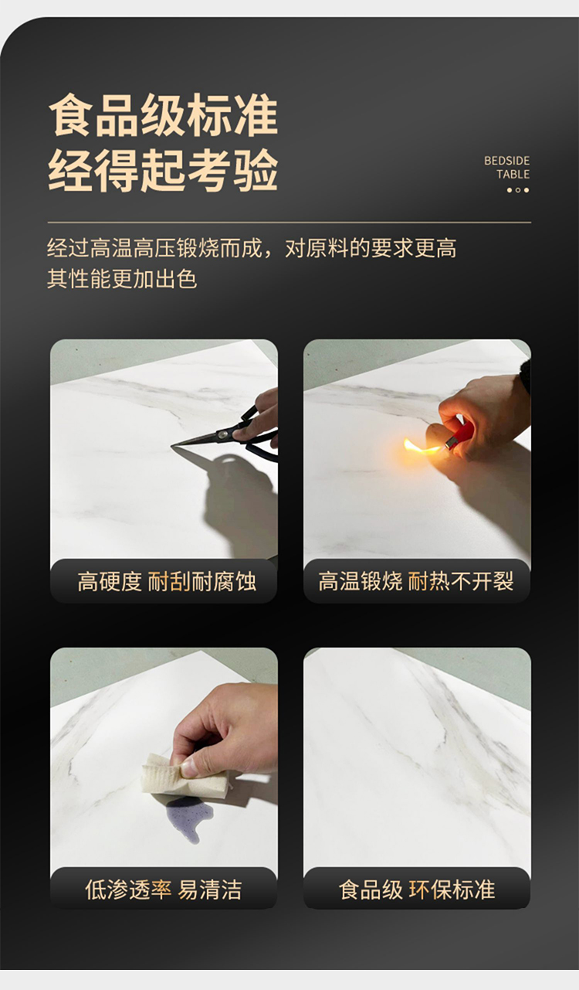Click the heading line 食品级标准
point(163,115)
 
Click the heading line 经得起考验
point(163,170)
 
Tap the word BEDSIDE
point(506,161)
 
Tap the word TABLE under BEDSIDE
point(513,174)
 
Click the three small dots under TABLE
point(517,190)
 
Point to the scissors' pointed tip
point(172,445)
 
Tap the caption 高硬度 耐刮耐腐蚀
point(167,582)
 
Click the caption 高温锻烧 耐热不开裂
point(416,581)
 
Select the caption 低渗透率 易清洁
point(164,890)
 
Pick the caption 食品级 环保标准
point(416,890)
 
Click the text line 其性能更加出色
point(122,278)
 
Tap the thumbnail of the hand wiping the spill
point(164,778)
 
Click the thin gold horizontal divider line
point(289,223)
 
